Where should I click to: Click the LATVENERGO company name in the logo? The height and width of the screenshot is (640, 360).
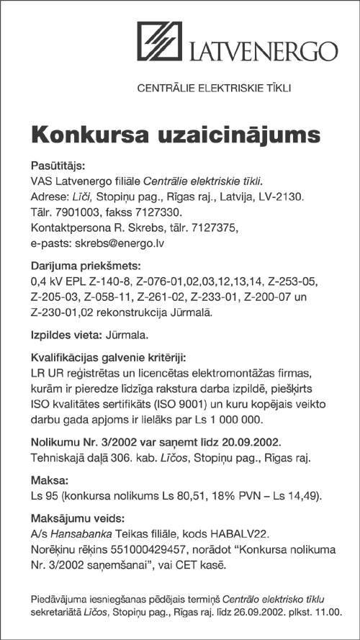point(264,53)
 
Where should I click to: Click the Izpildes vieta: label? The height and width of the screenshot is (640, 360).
point(66,335)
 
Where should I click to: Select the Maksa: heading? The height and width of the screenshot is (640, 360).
point(48,479)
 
